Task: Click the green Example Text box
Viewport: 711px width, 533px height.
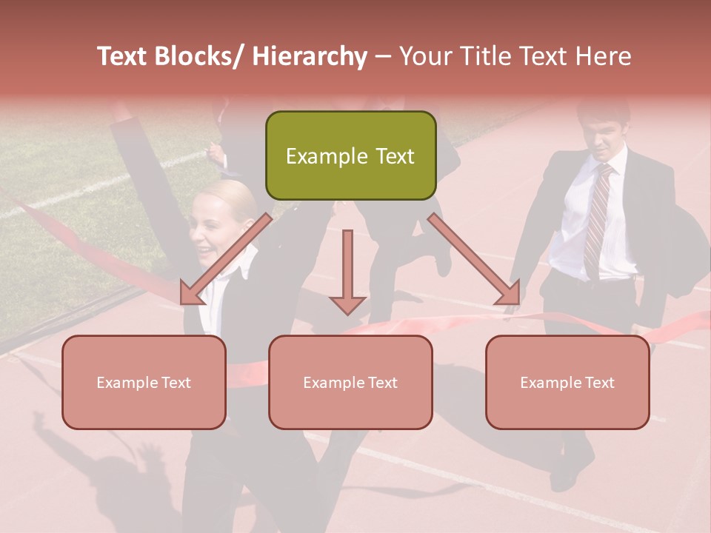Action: (x=350, y=156)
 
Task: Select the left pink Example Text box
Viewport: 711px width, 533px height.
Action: (x=144, y=383)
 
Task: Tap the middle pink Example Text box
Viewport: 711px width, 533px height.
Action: (x=350, y=383)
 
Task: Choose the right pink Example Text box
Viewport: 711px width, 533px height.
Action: (x=567, y=383)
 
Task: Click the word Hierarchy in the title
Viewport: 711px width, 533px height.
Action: (x=309, y=56)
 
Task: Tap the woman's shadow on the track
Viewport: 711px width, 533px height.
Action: (x=111, y=474)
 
